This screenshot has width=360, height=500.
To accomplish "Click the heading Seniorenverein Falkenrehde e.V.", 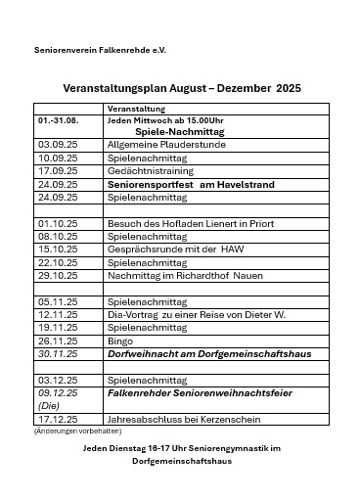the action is click(x=86, y=48).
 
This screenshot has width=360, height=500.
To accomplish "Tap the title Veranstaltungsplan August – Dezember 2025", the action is click(x=181, y=88).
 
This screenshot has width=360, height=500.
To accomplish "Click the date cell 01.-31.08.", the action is click(x=58, y=119).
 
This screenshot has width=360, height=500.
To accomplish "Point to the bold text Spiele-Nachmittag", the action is click(x=179, y=130).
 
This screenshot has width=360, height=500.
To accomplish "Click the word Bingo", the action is click(x=119, y=341).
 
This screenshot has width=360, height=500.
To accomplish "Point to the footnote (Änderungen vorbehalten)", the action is click(x=65, y=431).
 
